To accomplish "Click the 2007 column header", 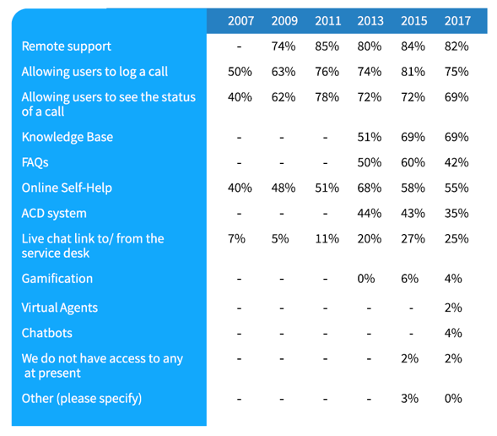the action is coord(240,21).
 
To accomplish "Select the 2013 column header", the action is coord(370,21).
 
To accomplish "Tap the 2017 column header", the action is coord(457,21).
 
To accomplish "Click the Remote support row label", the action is coord(67,46).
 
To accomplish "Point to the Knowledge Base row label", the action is coord(68,137).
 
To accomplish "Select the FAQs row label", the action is coord(35,162).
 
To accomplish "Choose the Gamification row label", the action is coord(57,279).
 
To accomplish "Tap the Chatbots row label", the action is coord(47,333).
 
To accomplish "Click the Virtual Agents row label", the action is coord(60,308).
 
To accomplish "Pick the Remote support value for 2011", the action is coord(327,46).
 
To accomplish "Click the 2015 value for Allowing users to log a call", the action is coord(413,72).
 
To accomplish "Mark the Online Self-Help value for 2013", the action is coord(370,188).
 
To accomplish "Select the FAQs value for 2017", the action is coord(456,162).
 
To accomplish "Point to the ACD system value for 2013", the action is coord(370,213).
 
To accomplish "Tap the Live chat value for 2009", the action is coord(280,238).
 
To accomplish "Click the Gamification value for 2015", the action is coord(409,279).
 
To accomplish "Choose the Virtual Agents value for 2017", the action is coord(453,308).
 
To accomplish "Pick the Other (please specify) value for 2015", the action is coord(409,399).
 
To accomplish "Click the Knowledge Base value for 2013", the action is coord(370,137).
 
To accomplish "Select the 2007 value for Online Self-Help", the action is coord(240,188).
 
